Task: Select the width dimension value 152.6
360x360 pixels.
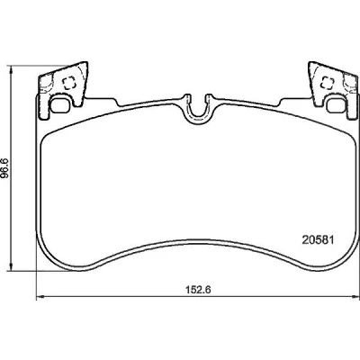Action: pyautogui.click(x=198, y=290)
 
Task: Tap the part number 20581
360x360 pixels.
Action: pyautogui.click(x=318, y=240)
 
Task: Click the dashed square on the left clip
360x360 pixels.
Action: pyautogui.click(x=68, y=83)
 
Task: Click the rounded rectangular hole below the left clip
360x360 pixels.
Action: pyautogui.click(x=60, y=105)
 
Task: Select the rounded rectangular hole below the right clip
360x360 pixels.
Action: pyautogui.click(x=337, y=106)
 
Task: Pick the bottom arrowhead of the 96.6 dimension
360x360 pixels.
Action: pyautogui.click(x=11, y=267)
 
